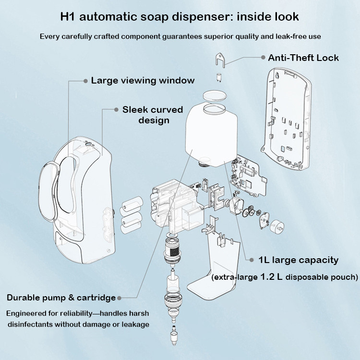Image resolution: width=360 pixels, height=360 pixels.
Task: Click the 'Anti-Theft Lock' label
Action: pos(303,58)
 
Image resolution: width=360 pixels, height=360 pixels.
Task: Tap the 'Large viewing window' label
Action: pos(143,80)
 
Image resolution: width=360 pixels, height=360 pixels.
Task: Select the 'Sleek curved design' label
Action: pos(153,115)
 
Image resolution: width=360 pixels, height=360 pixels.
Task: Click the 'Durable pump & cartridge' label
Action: pos(61,298)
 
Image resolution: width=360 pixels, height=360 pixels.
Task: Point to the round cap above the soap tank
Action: pos(215,94)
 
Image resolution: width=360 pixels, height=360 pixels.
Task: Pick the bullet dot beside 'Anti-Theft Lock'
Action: pos(264,58)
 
